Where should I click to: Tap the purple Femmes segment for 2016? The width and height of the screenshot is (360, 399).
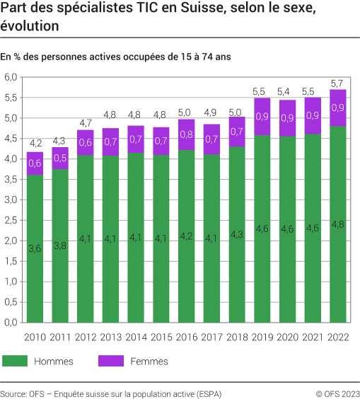(x=187, y=134)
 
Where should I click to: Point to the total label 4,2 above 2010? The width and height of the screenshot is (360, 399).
(x=34, y=144)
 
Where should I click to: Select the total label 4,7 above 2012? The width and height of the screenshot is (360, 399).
(x=85, y=122)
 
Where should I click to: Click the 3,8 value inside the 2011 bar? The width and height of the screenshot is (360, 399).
(x=59, y=246)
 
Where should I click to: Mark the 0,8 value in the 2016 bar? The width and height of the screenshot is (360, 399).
(x=187, y=134)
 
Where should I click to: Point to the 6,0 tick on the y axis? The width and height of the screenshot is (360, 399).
(x=11, y=77)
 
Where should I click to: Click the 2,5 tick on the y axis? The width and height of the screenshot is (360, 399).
(x=11, y=220)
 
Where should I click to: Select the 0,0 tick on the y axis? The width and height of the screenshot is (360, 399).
(x=11, y=322)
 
